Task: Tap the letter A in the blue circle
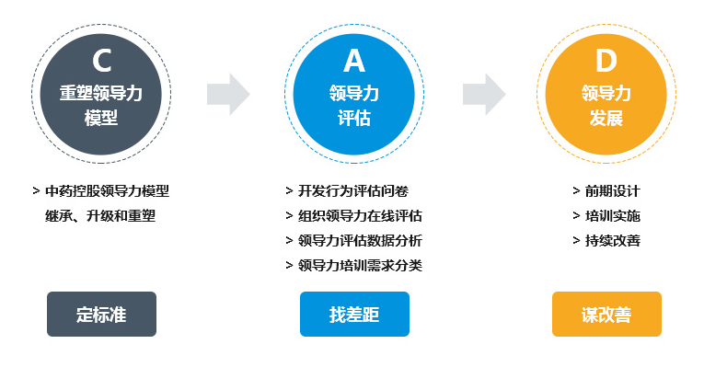354,61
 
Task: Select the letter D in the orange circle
606,61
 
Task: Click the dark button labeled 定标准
101,315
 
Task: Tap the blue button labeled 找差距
354,315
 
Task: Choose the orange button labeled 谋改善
606,315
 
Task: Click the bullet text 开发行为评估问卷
352,191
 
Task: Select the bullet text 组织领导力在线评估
360,216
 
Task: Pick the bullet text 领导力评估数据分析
360,241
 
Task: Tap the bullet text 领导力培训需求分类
360,266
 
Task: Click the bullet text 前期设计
612,191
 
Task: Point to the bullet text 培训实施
612,216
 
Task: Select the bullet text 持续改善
612,241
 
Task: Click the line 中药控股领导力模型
107,191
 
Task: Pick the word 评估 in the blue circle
354,118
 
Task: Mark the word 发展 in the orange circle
606,118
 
